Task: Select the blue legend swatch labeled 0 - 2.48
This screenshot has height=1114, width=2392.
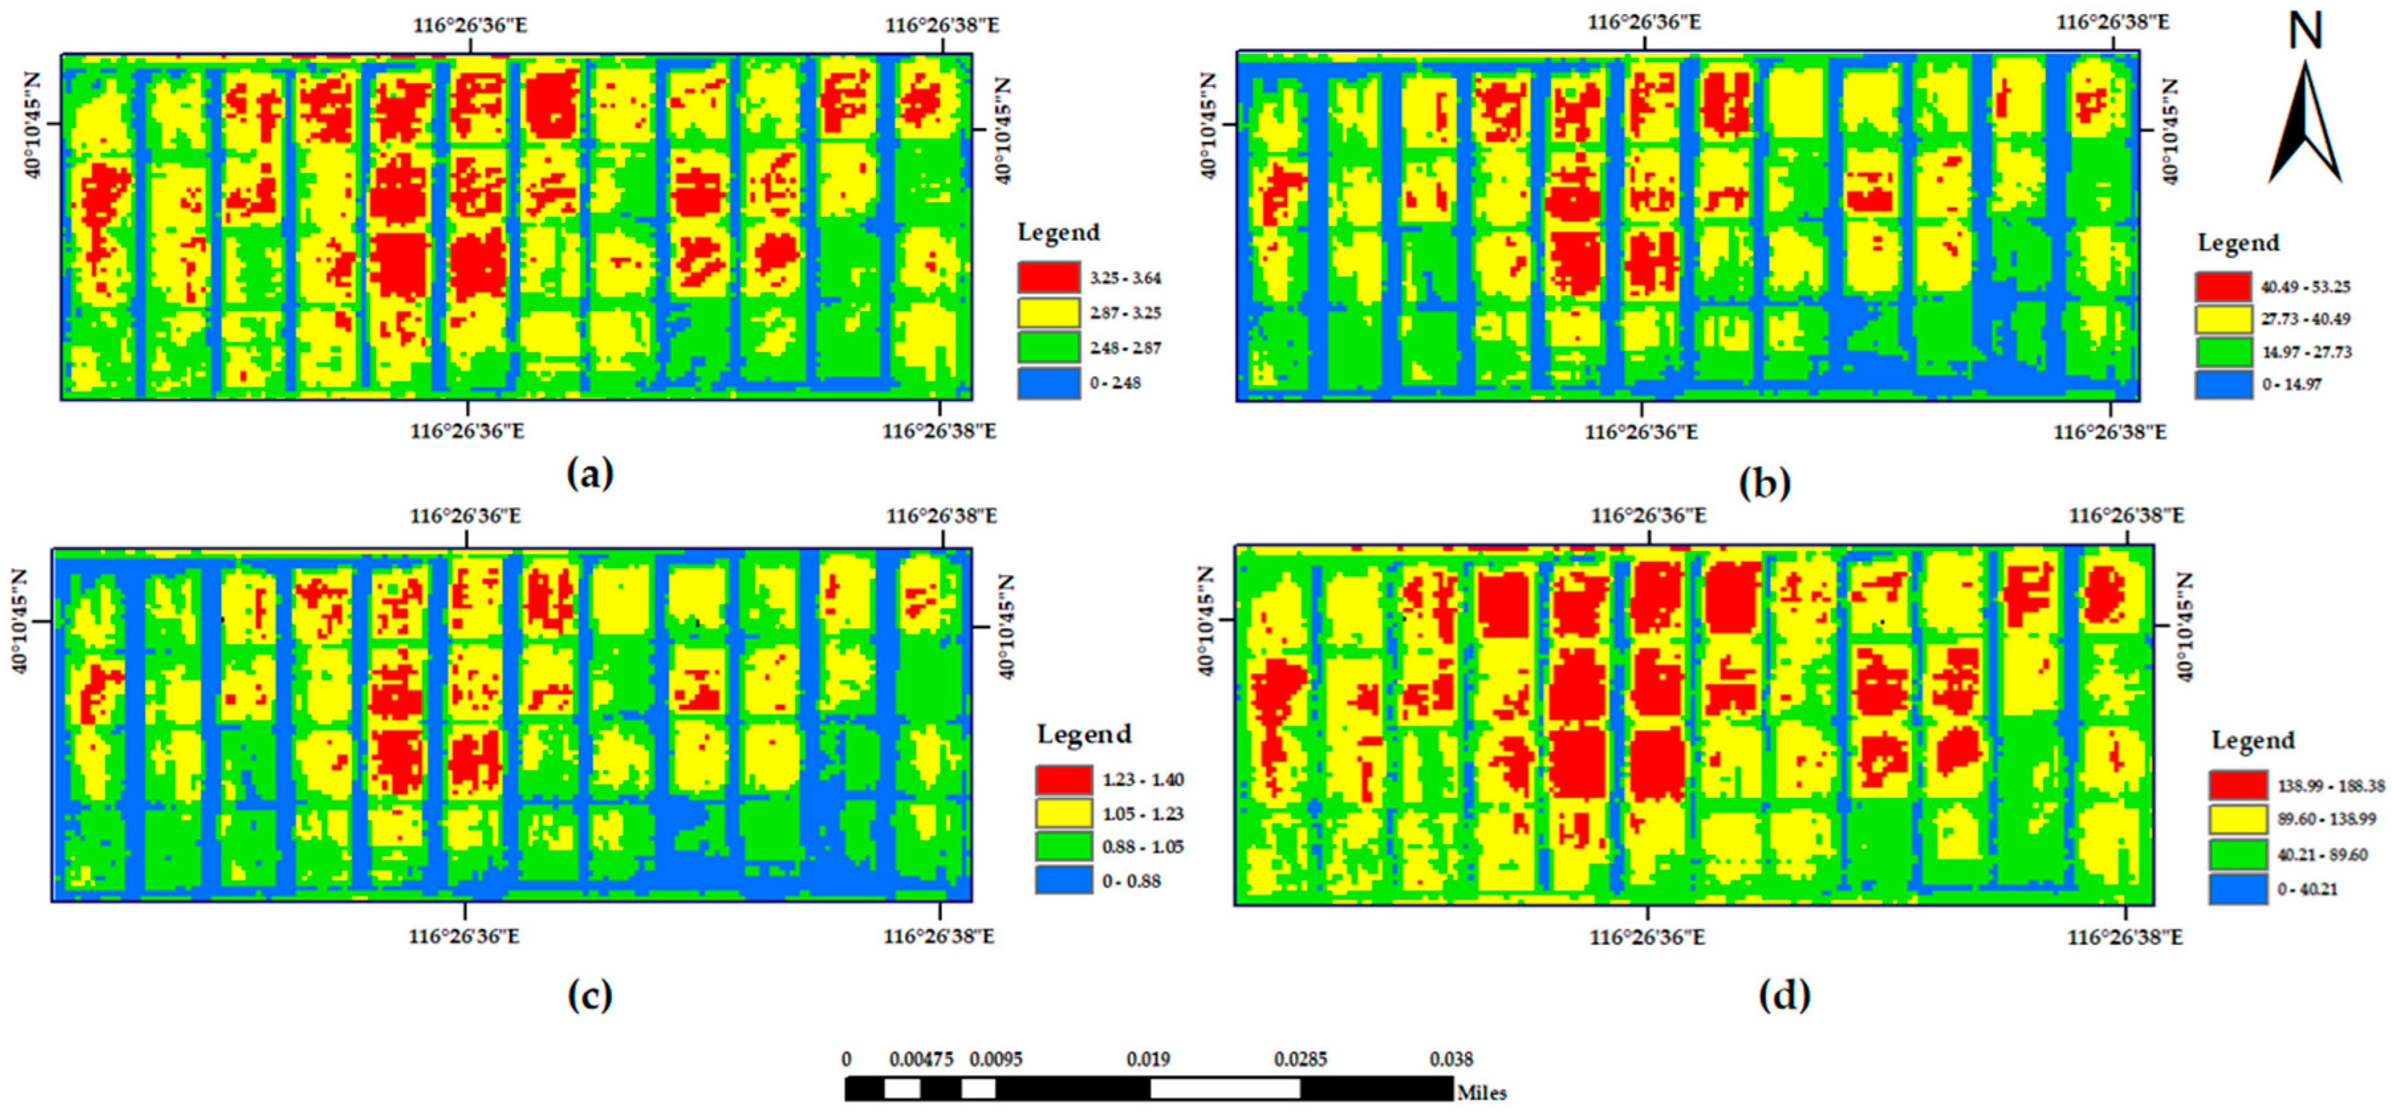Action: pyautogui.click(x=1048, y=383)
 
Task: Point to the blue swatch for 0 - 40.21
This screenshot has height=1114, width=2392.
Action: pyautogui.click(x=2237, y=889)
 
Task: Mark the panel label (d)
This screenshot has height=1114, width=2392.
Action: pyautogui.click(x=1784, y=995)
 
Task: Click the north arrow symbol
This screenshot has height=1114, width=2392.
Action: pyautogui.click(x=2304, y=121)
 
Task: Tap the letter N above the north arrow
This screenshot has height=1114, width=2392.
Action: pyautogui.click(x=2304, y=31)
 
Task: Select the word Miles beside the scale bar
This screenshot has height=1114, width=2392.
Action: pyautogui.click(x=1481, y=1093)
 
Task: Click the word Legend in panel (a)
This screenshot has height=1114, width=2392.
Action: pyautogui.click(x=1058, y=232)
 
